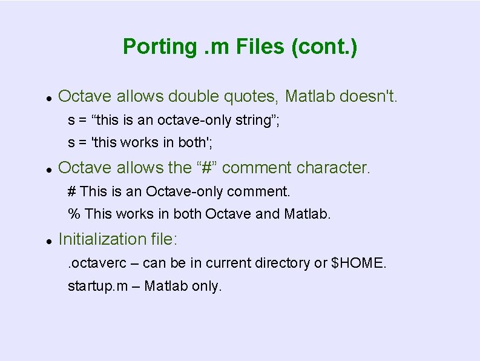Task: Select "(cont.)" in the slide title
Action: pos(324,47)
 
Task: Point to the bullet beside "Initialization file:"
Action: pos(47,240)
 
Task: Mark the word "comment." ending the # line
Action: pos(258,192)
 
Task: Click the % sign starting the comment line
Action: pos(74,214)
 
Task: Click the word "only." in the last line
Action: pos(208,286)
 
